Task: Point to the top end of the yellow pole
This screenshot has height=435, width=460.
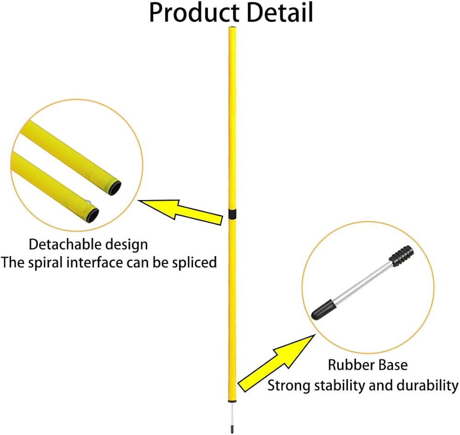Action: coord(232,29)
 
